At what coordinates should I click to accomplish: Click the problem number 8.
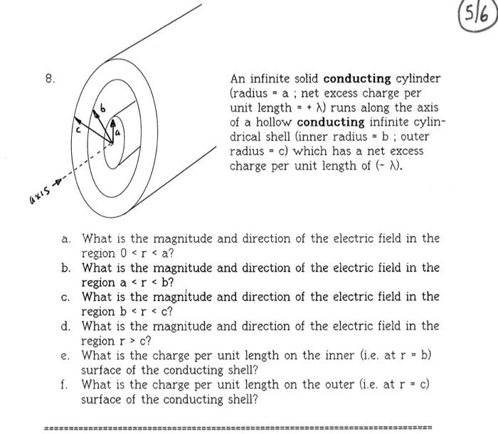pyautogui.click(x=49, y=79)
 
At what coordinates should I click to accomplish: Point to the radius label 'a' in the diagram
pyautogui.click(x=119, y=132)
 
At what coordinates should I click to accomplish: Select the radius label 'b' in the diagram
pyautogui.click(x=102, y=109)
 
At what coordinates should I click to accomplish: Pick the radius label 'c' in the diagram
pyautogui.click(x=80, y=129)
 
